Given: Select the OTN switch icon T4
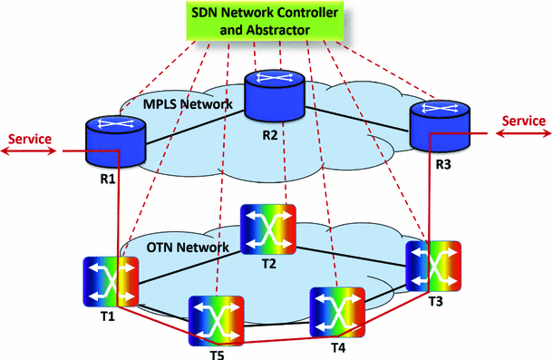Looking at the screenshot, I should (x=337, y=314).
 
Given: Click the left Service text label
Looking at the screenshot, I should (x=28, y=138).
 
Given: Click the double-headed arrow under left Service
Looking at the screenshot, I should (x=28, y=152).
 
